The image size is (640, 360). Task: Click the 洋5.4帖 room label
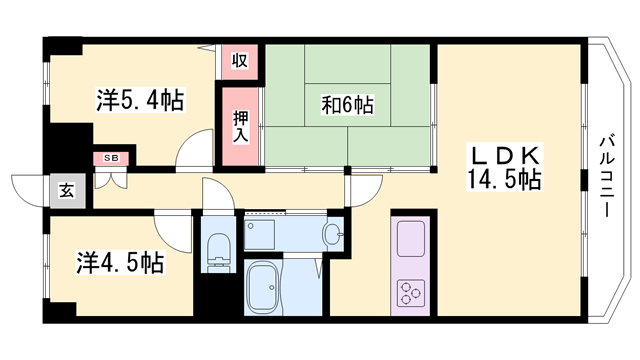click(139, 100)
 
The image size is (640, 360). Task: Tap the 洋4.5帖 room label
click(119, 265)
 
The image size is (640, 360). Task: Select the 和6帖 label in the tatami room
click(347, 104)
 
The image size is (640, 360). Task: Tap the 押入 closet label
click(240, 124)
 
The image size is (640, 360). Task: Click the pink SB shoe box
click(109, 158)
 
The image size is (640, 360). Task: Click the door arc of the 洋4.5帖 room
click(174, 230)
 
